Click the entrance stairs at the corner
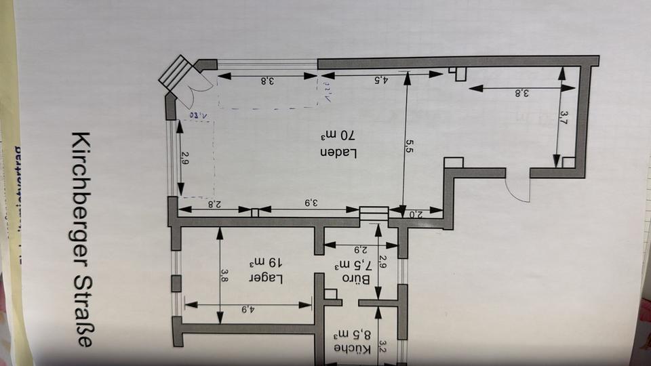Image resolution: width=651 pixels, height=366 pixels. [178, 75]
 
